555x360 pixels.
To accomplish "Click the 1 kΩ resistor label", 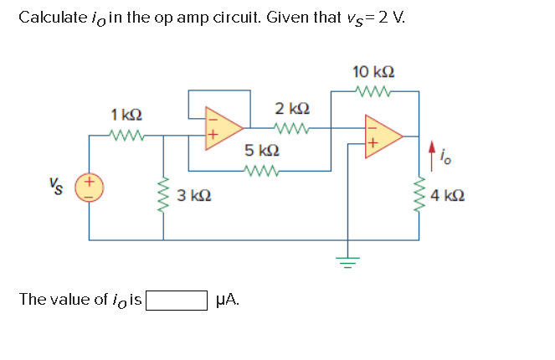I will click(126, 113).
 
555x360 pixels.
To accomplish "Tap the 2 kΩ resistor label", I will click(292, 108).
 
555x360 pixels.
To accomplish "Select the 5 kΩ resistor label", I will click(261, 152).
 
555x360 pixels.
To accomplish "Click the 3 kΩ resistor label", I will click(194, 196).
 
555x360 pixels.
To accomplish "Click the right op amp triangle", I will click(383, 136).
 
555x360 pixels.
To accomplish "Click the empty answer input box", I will click(177, 300).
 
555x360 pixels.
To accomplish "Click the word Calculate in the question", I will click(51, 17).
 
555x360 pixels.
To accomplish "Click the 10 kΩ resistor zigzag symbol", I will click(368, 91).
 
